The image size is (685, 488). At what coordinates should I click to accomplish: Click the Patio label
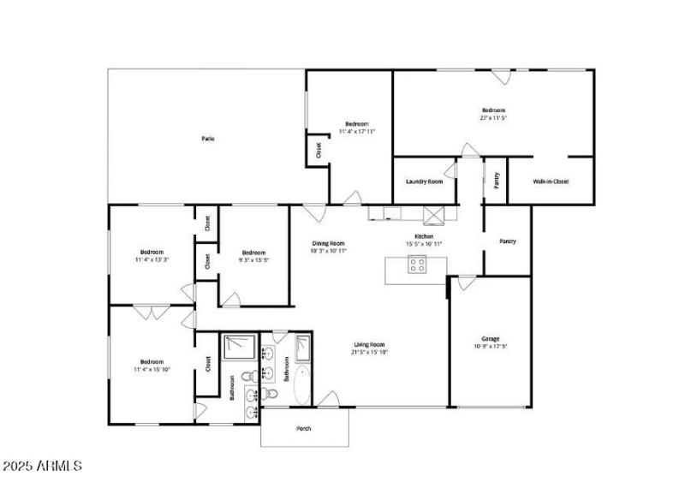[207, 139]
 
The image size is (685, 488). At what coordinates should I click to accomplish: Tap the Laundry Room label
[424, 182]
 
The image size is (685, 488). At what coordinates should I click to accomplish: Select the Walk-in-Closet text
[551, 182]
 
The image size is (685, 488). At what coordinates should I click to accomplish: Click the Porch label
[304, 428]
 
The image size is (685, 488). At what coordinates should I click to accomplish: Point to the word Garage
[490, 339]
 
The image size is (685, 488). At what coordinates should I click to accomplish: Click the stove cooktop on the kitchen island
[417, 265]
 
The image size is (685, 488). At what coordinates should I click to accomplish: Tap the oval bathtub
[303, 384]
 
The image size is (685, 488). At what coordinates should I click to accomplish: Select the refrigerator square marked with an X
[436, 214]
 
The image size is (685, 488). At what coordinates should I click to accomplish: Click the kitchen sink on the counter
[391, 214]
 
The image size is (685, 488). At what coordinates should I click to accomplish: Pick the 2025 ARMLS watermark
[42, 467]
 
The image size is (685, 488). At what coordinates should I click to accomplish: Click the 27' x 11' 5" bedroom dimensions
[493, 118]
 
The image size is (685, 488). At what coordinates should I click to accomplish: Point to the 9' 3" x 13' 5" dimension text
[253, 260]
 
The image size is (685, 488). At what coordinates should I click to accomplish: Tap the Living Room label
[368, 344]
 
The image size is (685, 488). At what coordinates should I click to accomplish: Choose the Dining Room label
[329, 244]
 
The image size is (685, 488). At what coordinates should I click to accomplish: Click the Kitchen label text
[424, 236]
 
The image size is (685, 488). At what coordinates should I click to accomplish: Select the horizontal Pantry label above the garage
[508, 241]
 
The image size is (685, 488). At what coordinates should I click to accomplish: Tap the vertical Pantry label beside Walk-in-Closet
[496, 181]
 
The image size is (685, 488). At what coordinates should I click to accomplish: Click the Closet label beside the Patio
[319, 151]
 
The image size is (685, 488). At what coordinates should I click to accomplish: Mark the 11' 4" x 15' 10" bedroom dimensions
[151, 370]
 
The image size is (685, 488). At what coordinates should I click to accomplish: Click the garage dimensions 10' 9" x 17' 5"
[490, 347]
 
